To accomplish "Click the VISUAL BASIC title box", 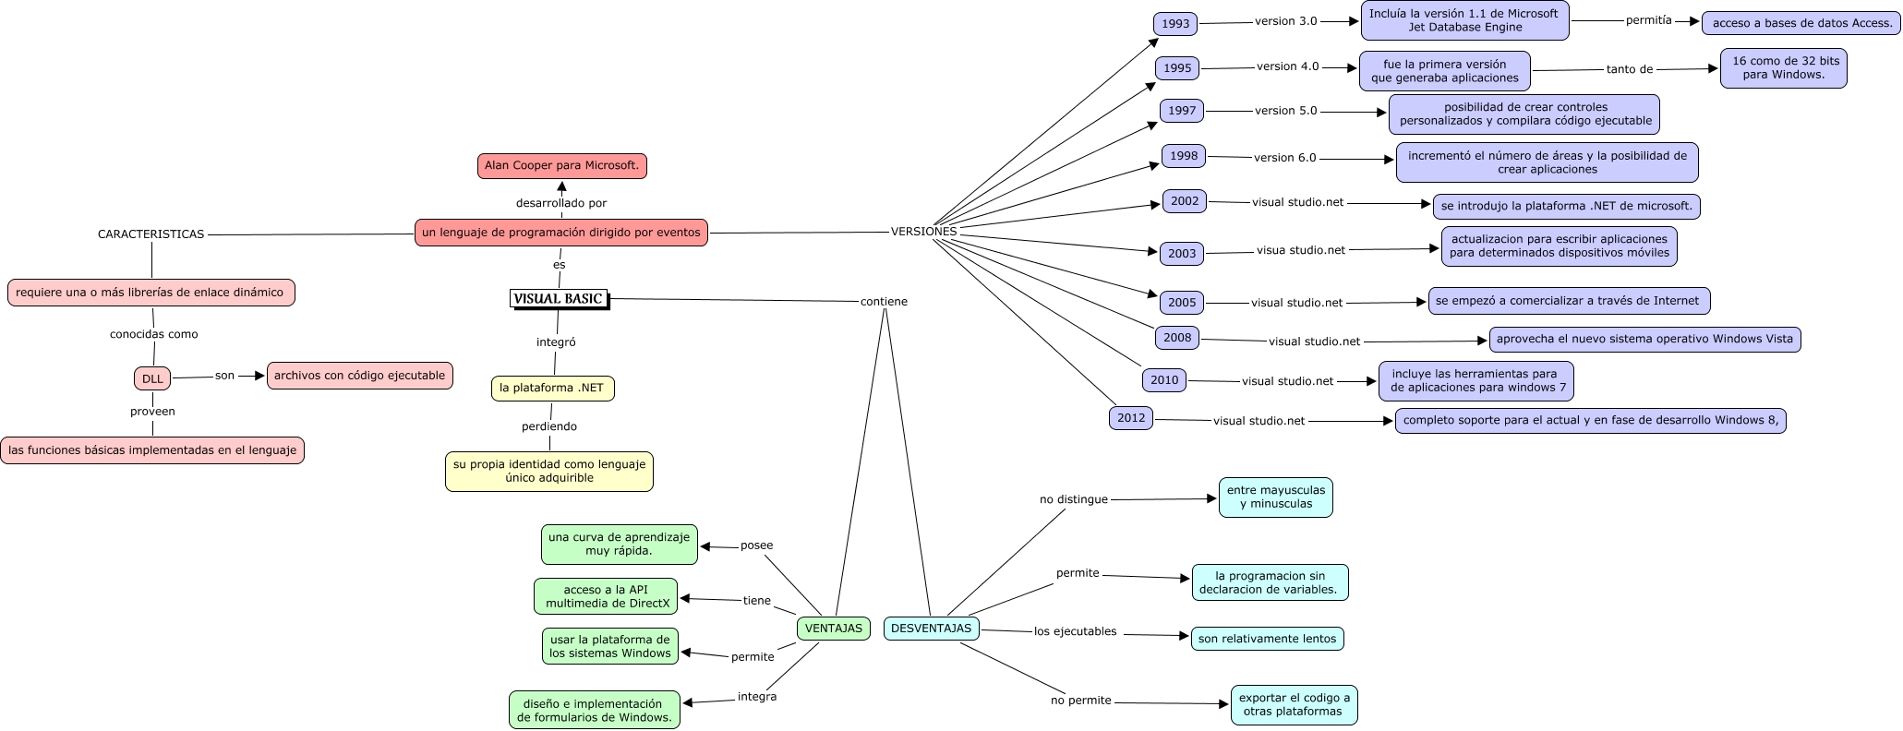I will point(559,298).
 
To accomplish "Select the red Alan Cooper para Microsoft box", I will point(561,166).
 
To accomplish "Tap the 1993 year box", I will point(1175,24).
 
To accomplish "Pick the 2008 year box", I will point(1177,338).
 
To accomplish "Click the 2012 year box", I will point(1131,418).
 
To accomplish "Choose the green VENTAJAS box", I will point(833,629).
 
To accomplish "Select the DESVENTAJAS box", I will point(931,629).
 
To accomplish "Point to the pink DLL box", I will point(152,378).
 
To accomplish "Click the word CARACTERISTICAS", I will point(151,234).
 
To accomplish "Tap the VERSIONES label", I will point(923,232).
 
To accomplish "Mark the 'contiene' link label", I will point(884,301).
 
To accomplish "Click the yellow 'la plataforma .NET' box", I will point(552,389).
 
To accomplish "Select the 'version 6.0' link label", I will point(1284,158).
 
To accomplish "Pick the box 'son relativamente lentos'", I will point(1267,639).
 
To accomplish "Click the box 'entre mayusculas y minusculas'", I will point(1275,497).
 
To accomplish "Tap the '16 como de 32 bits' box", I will point(1783,68).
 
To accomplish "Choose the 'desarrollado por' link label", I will point(560,203).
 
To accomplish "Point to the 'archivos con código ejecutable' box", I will point(359,376).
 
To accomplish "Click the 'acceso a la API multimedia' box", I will point(606,596).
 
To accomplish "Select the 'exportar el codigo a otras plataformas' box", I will point(1294,705).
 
